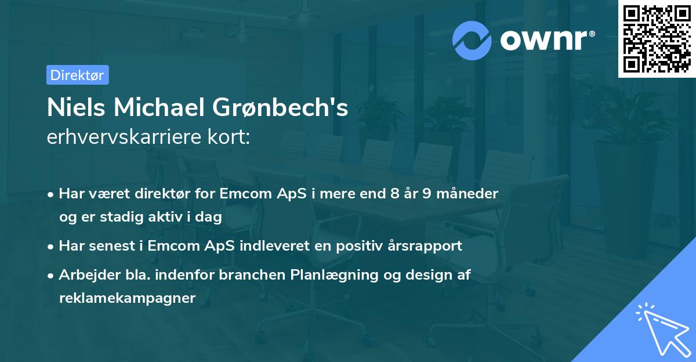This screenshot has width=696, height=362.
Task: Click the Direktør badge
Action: click(77, 75)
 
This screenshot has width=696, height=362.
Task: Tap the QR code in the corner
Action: click(657, 39)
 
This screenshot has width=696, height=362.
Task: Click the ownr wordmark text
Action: click(546, 40)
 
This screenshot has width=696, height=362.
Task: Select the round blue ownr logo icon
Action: click(472, 40)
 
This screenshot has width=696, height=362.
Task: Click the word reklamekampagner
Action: click(127, 298)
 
